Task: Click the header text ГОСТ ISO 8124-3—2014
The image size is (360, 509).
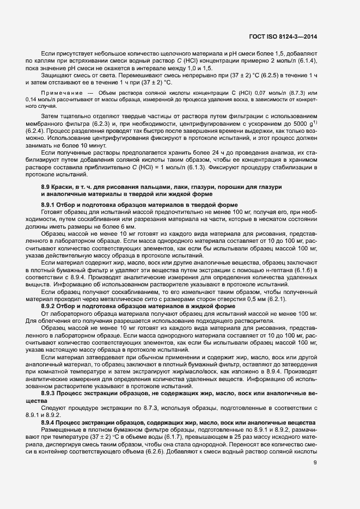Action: tap(283, 36)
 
